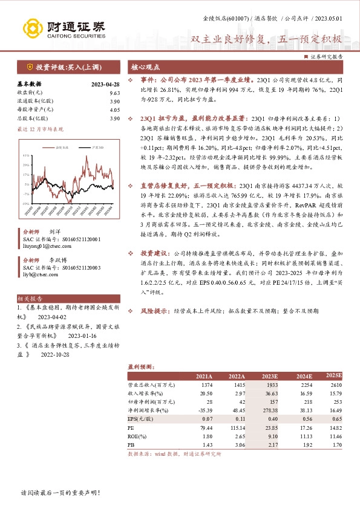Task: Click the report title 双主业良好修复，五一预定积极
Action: pos(266,40)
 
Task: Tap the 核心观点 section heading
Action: pos(146,67)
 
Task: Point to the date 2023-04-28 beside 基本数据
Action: pos(106,85)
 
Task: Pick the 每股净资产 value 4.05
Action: pos(115,111)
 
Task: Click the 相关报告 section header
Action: pos(30,299)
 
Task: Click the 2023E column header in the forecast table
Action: pos(269,376)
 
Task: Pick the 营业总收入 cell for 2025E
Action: pos(334,384)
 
